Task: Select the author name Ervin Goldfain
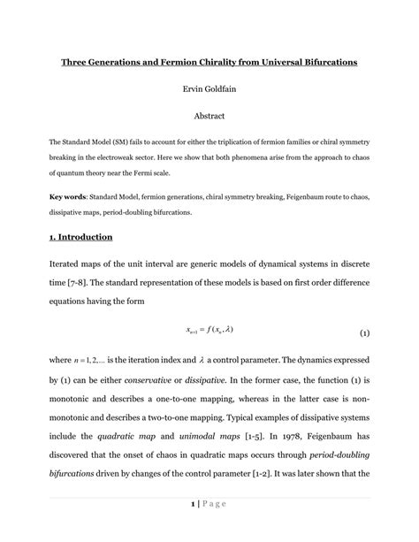point(209,89)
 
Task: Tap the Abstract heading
point(209,115)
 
